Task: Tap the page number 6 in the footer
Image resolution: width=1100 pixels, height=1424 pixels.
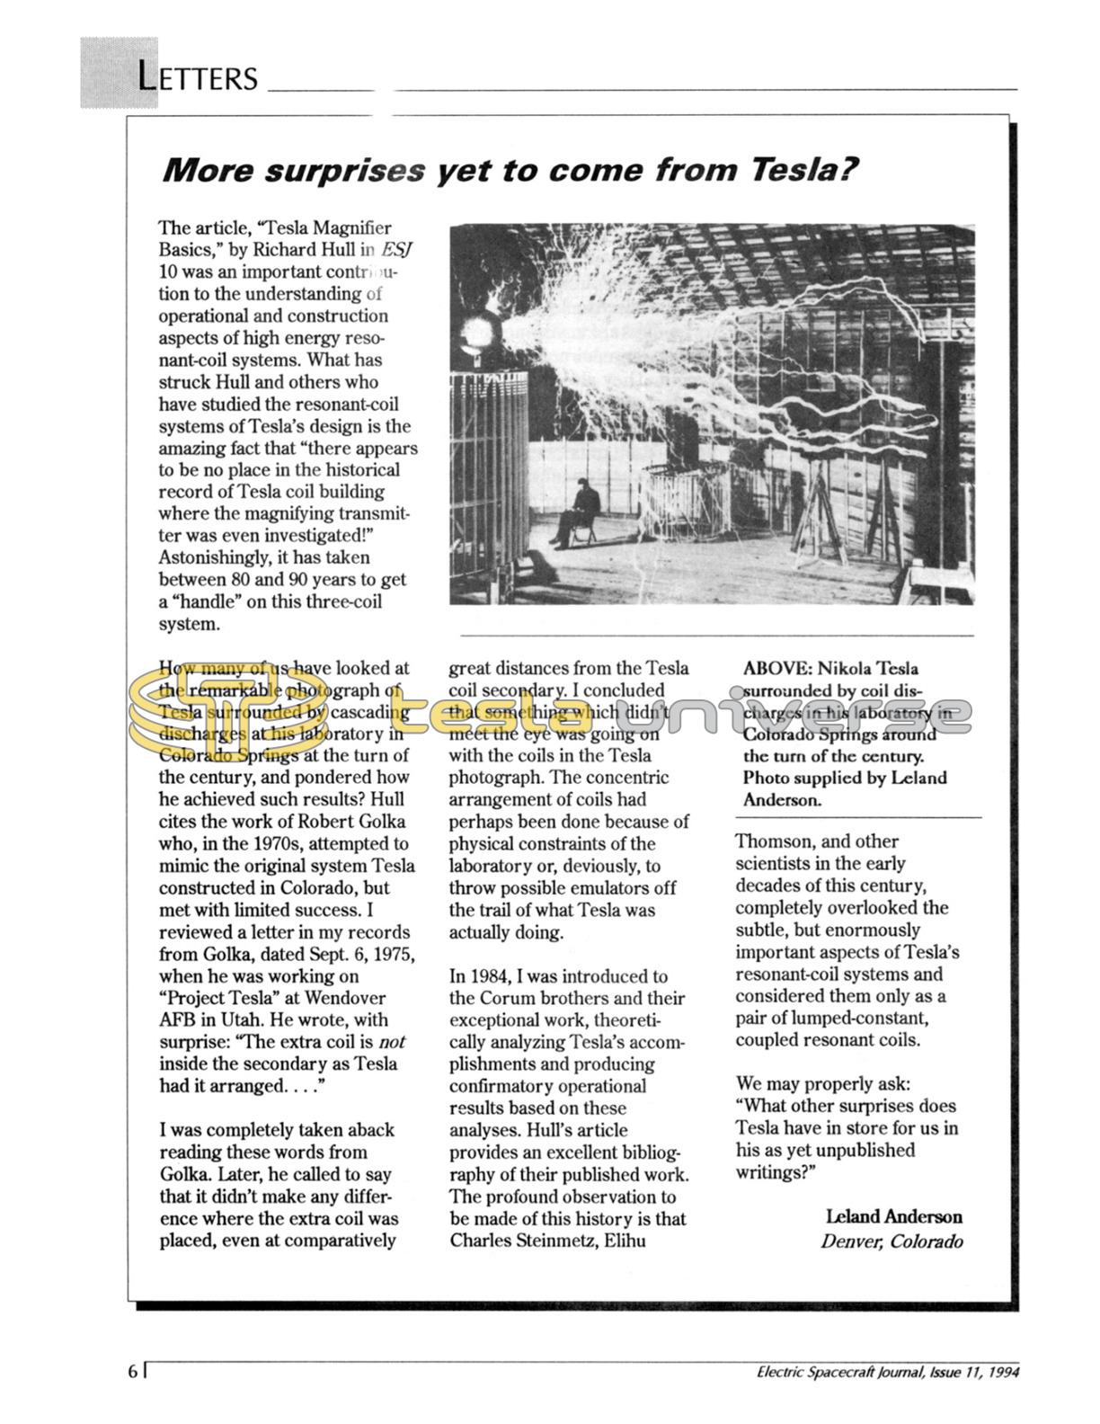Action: (133, 1371)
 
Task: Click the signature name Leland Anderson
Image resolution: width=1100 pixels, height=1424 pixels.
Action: (893, 1216)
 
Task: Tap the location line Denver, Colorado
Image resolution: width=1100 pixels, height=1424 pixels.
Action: (891, 1242)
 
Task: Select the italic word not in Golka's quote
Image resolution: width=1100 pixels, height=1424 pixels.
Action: (391, 1042)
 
